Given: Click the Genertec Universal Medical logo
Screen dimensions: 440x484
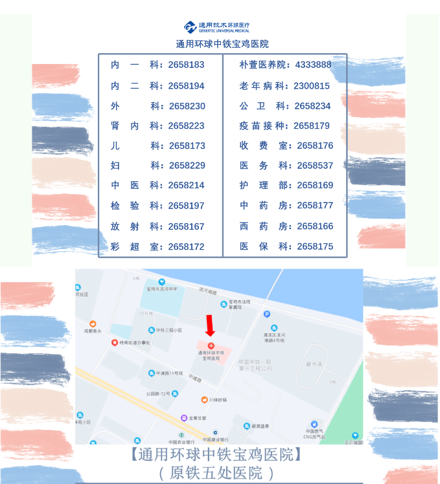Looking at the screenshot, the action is click(216, 27).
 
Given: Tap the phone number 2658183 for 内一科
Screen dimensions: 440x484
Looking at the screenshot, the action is click(186, 65).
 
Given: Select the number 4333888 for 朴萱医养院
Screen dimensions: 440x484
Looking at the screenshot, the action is click(313, 65).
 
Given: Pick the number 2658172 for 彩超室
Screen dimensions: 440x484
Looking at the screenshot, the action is click(186, 247).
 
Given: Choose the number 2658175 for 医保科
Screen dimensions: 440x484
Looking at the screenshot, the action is click(315, 247).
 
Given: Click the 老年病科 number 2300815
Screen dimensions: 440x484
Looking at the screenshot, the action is click(312, 85).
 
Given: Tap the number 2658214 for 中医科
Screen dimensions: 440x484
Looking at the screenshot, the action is click(186, 185).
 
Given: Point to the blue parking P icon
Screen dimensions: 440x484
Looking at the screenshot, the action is click(266, 314).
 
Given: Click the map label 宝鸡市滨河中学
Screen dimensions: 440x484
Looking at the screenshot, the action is click(165, 289).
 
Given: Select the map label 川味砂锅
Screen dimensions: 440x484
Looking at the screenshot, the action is click(222, 400).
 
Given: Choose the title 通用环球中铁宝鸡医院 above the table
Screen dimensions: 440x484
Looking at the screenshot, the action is click(222, 44).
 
